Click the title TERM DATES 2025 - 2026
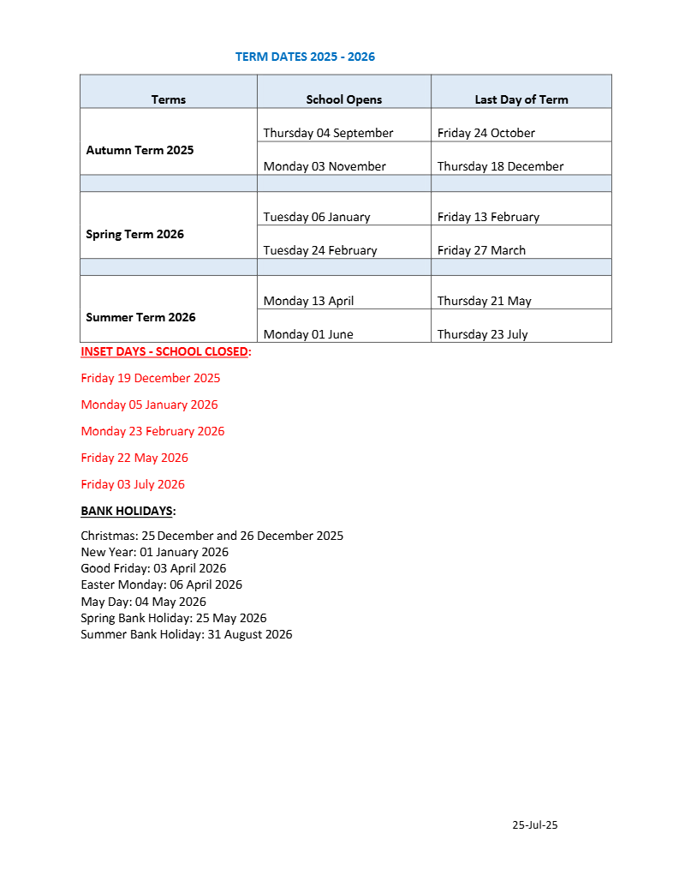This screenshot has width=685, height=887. (305, 57)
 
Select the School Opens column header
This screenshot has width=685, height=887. (344, 99)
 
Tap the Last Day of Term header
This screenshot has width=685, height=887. (521, 99)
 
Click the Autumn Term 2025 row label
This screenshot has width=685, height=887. (140, 150)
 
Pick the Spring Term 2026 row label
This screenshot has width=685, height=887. (134, 234)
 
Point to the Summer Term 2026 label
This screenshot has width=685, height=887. (140, 317)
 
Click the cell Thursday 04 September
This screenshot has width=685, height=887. (328, 133)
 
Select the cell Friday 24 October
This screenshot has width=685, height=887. (485, 133)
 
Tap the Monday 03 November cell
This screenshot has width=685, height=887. (325, 166)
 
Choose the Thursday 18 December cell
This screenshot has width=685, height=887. (500, 166)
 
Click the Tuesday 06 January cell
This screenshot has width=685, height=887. (317, 217)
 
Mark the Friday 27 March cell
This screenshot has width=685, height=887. (481, 250)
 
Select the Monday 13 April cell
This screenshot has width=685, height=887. (308, 301)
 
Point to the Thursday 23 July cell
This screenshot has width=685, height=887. (482, 334)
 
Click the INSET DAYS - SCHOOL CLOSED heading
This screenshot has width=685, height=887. (164, 351)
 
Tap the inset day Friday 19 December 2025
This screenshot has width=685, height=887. (151, 378)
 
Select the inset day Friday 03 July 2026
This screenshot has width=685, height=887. (133, 484)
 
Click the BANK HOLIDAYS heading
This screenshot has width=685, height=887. (128, 511)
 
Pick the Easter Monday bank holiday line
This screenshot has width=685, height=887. (161, 584)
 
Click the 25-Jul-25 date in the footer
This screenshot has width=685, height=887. (535, 825)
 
